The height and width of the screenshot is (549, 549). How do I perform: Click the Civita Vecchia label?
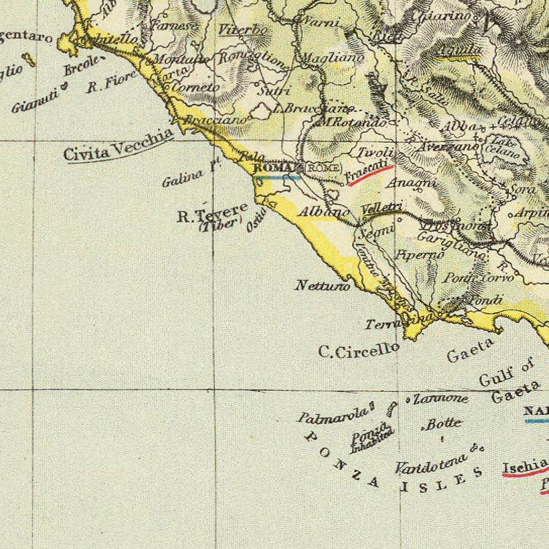[x=118, y=145]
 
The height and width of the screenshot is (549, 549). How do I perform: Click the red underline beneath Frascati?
[x=370, y=175]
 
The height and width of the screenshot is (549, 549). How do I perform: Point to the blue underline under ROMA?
[x=276, y=177]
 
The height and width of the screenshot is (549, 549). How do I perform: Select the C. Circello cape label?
[x=359, y=350]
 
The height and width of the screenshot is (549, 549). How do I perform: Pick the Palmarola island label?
[x=333, y=415]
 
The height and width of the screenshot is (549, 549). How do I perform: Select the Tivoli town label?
[x=375, y=152]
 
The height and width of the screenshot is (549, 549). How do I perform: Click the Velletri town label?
[x=381, y=207]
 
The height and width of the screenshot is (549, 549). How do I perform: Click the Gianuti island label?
[x=34, y=101]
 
